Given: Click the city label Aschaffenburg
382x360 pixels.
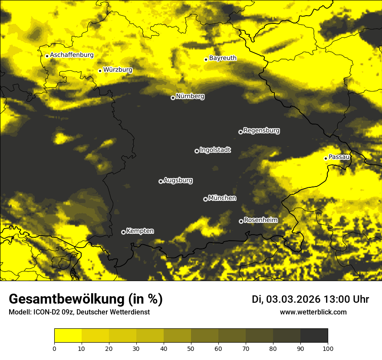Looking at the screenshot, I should click(x=72, y=55).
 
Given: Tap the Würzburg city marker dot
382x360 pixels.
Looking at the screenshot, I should click(x=100, y=71).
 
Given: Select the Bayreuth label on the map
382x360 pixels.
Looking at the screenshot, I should click(x=223, y=58).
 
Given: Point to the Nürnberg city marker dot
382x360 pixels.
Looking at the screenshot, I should click(x=173, y=98).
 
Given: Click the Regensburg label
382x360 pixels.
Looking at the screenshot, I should click(x=261, y=130).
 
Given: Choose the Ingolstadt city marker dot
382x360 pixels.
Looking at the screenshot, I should click(x=197, y=151).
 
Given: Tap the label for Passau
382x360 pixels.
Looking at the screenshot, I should click(x=339, y=157).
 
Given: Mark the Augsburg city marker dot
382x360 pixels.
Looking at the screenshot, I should click(x=161, y=181).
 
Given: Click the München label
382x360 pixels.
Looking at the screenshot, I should click(x=222, y=198).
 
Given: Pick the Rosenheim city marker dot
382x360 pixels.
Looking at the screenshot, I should click(x=241, y=221).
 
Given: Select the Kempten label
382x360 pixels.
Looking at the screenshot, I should click(x=140, y=231).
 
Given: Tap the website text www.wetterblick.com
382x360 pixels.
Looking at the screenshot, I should click(x=313, y=312).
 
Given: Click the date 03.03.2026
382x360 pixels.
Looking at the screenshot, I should click(x=293, y=299).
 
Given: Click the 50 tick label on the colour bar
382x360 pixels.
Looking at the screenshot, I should click(x=191, y=348).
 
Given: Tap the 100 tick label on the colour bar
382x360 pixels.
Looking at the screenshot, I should click(x=328, y=348).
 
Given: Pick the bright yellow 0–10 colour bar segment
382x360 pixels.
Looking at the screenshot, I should click(x=68, y=336).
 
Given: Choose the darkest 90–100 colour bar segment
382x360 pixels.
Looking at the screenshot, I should click(x=314, y=336).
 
